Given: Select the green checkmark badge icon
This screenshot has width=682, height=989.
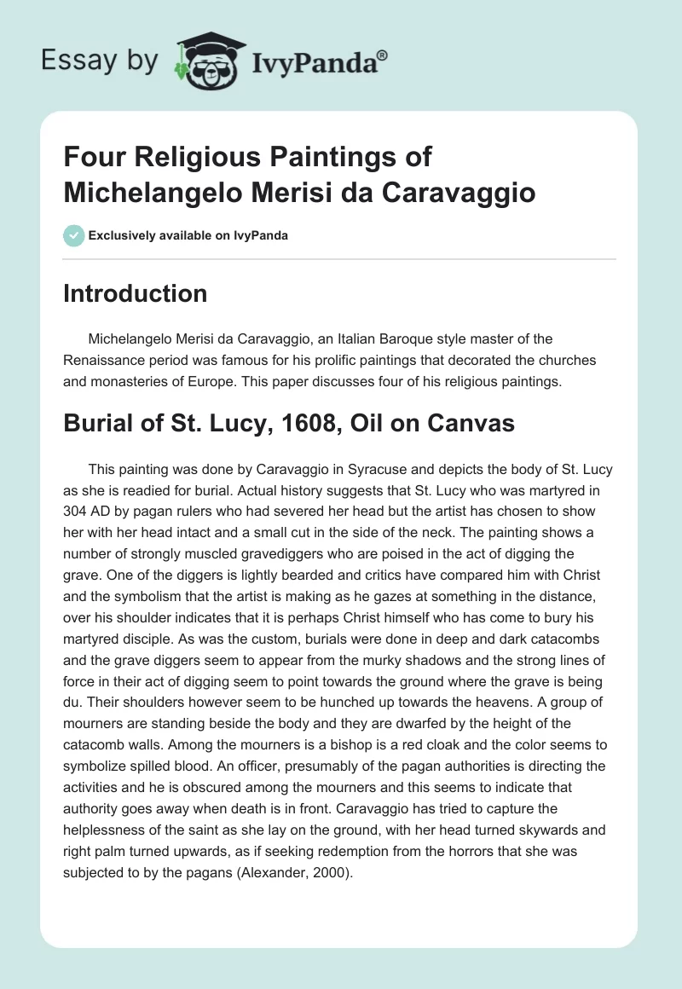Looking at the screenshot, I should [x=73, y=235].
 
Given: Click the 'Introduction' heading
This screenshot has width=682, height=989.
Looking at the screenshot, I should [x=136, y=293].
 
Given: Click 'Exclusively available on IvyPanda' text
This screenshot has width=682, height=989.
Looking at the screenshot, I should [x=188, y=235].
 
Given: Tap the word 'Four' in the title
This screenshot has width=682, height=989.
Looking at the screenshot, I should [x=91, y=158].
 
